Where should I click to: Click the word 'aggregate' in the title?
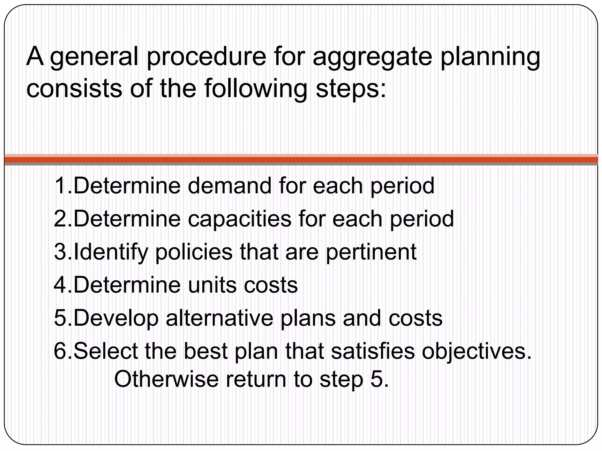point(372,57)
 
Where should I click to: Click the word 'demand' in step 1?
point(230,186)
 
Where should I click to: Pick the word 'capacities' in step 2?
point(239,219)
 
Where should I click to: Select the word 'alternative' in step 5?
point(219,318)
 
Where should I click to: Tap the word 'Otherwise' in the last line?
point(166,379)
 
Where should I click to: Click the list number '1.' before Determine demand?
point(63,186)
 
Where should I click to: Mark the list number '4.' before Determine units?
point(63,285)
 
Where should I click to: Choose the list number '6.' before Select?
point(63,351)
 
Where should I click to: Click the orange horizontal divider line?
point(301,160)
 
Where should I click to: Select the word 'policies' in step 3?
point(194,252)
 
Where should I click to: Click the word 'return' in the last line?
point(256,379)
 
